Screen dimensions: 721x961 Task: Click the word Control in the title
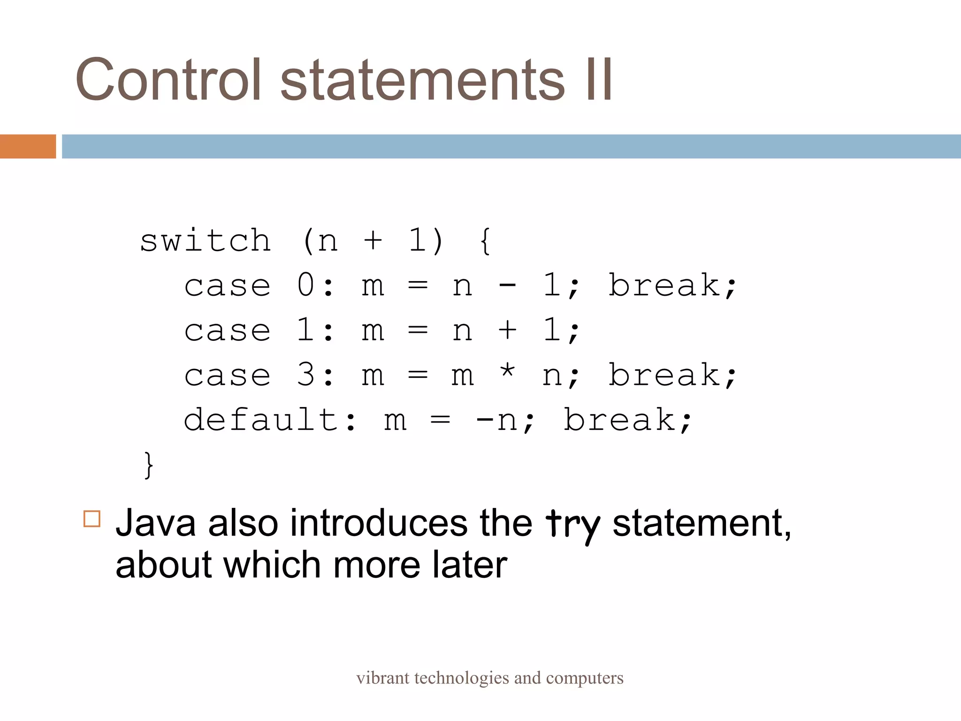pyautogui.click(x=168, y=80)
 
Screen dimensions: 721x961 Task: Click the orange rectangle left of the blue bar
pyautogui.click(x=28, y=146)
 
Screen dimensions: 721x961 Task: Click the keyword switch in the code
pyautogui.click(x=206, y=241)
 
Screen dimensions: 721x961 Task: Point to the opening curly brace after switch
pyautogui.click(x=485, y=241)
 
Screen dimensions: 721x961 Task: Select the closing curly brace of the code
pyautogui.click(x=148, y=465)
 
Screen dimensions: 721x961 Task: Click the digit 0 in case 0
pyautogui.click(x=305, y=285)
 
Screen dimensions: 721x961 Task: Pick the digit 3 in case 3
pyautogui.click(x=305, y=375)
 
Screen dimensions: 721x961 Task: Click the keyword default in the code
pyautogui.click(x=260, y=420)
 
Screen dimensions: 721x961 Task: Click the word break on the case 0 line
pyautogui.click(x=664, y=285)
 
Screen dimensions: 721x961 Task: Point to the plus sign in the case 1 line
pyautogui.click(x=507, y=330)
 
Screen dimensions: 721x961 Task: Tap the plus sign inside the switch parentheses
pyautogui.click(x=373, y=241)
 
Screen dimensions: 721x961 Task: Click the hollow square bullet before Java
pyautogui.click(x=92, y=519)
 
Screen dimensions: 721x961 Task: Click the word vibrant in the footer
pyautogui.click(x=382, y=678)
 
